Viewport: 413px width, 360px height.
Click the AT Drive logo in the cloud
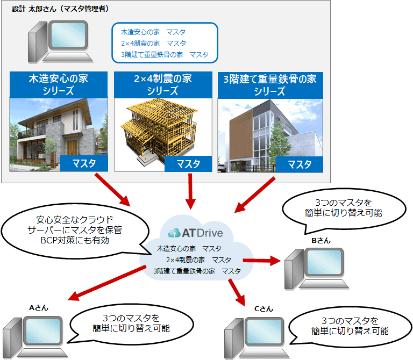tap(195, 233)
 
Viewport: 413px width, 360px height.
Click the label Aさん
tap(39, 308)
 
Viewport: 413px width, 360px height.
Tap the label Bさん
tap(321, 241)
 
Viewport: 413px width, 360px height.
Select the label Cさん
tap(264, 308)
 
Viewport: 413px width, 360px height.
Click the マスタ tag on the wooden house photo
tap(84, 163)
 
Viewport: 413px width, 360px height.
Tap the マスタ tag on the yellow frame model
tap(188, 164)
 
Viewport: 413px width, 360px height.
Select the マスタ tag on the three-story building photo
tap(300, 164)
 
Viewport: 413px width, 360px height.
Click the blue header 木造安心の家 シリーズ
tap(59, 84)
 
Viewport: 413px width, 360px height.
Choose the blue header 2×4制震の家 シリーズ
tap(163, 84)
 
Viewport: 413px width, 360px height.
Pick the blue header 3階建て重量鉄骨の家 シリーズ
tap(270, 85)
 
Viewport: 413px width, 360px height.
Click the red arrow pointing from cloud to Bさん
tap(262, 261)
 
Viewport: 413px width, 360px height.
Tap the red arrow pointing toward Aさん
tap(106, 283)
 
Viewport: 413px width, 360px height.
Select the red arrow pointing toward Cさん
tap(237, 292)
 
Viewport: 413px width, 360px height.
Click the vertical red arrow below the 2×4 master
tap(190, 191)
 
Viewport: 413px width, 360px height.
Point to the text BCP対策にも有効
tap(75, 240)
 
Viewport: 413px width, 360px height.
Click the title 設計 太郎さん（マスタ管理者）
tap(60, 9)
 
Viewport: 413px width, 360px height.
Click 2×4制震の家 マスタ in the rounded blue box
tap(154, 43)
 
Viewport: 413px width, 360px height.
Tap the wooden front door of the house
tap(72, 148)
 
